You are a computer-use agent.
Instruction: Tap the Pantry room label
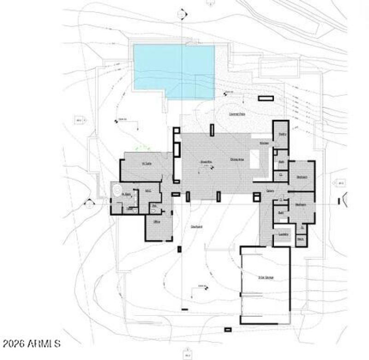click(x=282, y=134)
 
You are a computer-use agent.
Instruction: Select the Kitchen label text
click(x=264, y=143)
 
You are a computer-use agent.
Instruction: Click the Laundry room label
click(x=284, y=234)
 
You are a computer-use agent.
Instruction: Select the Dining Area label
click(x=237, y=159)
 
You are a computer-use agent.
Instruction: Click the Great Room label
click(x=206, y=162)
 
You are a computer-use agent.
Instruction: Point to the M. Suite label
click(x=147, y=164)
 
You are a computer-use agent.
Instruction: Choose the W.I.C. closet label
click(x=149, y=191)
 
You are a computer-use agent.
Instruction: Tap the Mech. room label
click(x=300, y=239)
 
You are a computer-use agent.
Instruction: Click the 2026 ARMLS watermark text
click(x=31, y=343)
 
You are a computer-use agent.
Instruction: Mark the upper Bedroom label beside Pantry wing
click(x=302, y=177)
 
